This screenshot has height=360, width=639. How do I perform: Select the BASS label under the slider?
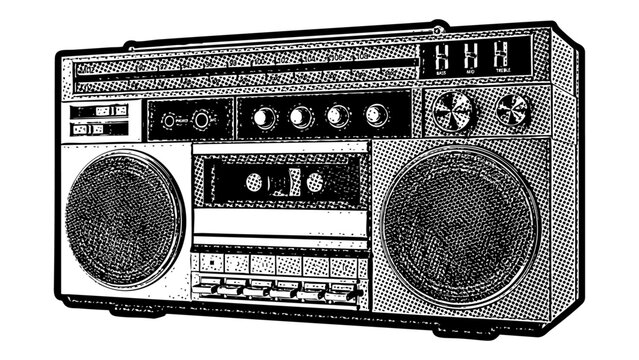[441, 72]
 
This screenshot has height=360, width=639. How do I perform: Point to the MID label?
[470, 72]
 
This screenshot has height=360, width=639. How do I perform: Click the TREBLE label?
[500, 72]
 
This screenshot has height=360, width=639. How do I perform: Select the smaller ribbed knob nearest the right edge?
[512, 108]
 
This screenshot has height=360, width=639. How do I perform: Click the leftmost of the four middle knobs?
[264, 118]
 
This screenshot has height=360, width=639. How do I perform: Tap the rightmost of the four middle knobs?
[376, 114]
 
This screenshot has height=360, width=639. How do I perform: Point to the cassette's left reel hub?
[254, 182]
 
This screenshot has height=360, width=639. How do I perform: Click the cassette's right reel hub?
[314, 181]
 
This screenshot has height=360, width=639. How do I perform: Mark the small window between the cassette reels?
[284, 182]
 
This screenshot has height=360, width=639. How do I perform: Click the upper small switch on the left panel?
[99, 111]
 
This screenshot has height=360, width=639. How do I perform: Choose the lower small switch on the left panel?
[99, 129]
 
